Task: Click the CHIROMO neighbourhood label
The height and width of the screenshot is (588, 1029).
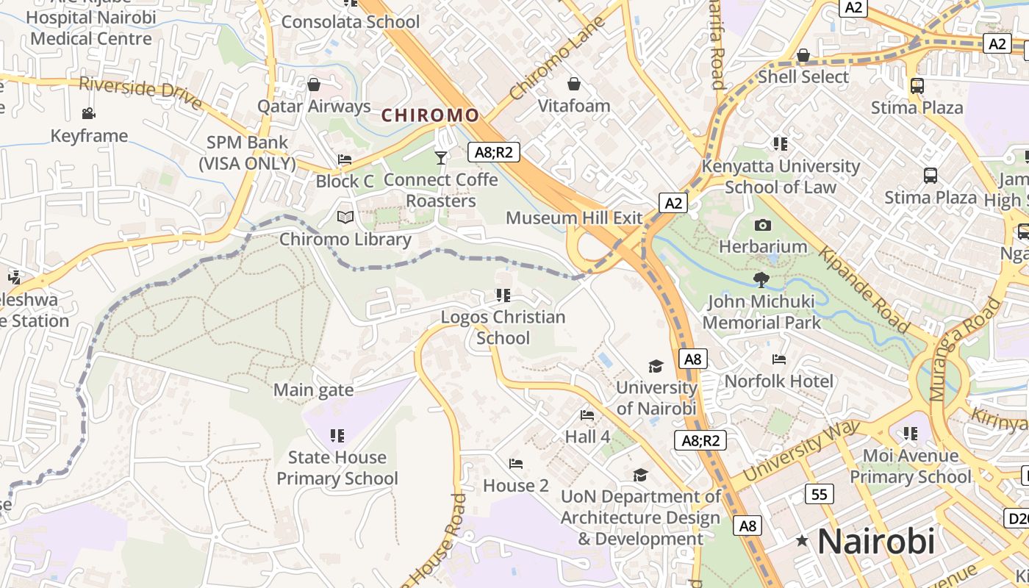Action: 430,115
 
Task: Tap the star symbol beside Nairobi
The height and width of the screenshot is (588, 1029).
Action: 802,542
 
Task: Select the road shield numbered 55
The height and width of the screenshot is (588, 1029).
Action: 819,494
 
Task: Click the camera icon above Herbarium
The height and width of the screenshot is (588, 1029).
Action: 763,225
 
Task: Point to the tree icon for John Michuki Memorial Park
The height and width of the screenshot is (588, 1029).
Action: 761,279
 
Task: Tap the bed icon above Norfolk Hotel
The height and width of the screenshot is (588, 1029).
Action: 779,359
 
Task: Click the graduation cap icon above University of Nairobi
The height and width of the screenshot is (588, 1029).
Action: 656,366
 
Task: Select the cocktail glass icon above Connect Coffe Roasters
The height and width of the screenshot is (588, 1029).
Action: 440,157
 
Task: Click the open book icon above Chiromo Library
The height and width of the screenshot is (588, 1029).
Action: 345,217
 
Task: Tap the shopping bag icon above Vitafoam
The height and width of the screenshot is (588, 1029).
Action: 574,84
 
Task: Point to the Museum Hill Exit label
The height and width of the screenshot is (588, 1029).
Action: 574,218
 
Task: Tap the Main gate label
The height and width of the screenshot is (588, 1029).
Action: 313,390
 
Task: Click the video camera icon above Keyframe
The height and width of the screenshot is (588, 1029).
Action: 89,113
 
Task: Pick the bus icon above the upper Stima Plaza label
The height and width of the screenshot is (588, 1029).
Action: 917,86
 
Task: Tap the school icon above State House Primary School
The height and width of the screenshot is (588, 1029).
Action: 337,435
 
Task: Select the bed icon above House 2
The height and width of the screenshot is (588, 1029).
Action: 516,464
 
